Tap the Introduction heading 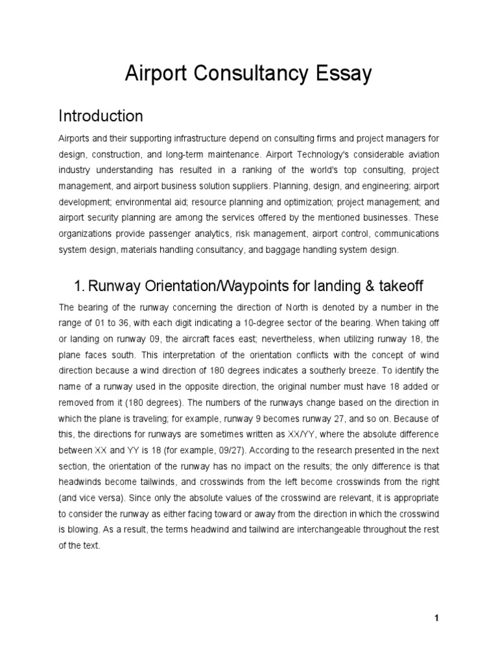click(x=101, y=116)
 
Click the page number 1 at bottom click(x=437, y=618)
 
